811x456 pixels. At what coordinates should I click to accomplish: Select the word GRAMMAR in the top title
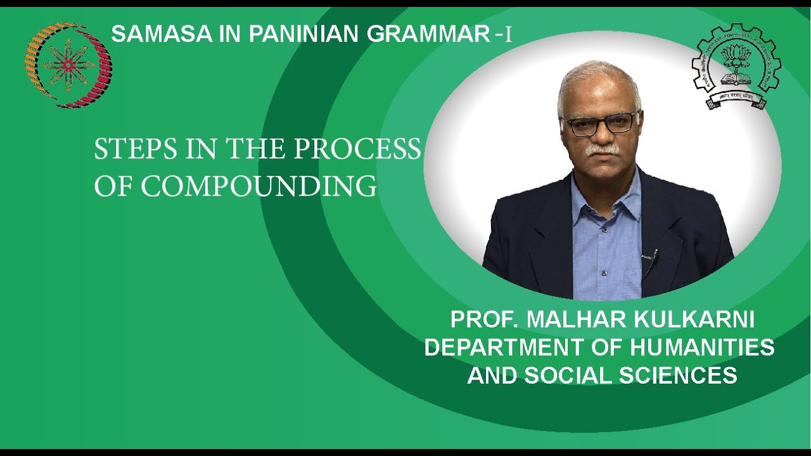(x=428, y=34)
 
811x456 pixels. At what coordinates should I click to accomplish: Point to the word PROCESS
(x=357, y=149)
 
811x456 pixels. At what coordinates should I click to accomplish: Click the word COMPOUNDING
(x=259, y=186)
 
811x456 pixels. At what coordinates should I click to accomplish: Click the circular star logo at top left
(x=68, y=65)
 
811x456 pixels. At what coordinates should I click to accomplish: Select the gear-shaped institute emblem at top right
(x=736, y=66)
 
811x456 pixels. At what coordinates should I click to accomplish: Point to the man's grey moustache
(x=602, y=150)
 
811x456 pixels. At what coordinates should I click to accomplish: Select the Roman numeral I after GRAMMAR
(x=508, y=35)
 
